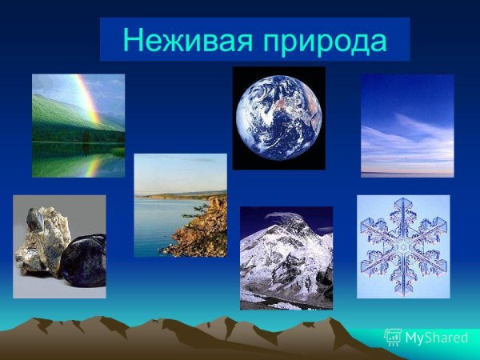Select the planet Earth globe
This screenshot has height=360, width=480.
pos(278,117)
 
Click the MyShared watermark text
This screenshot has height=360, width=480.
pos(436,338)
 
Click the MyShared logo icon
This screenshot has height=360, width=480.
pos(393,337)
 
